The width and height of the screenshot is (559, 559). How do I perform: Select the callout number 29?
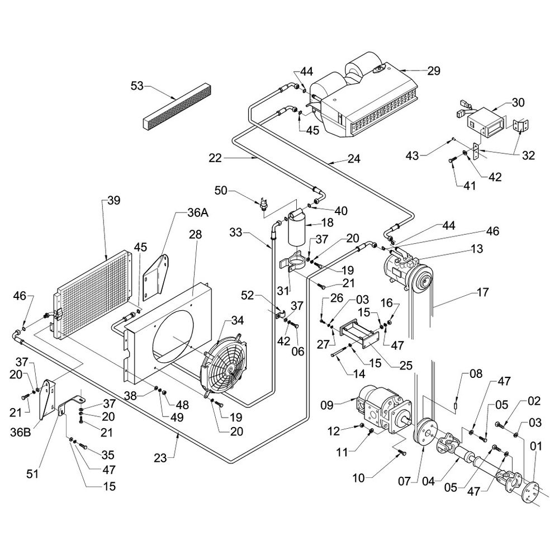pos(434,71)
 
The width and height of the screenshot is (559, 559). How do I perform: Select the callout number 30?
pos(518,102)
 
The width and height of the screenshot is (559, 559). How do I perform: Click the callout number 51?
pos(33,474)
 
